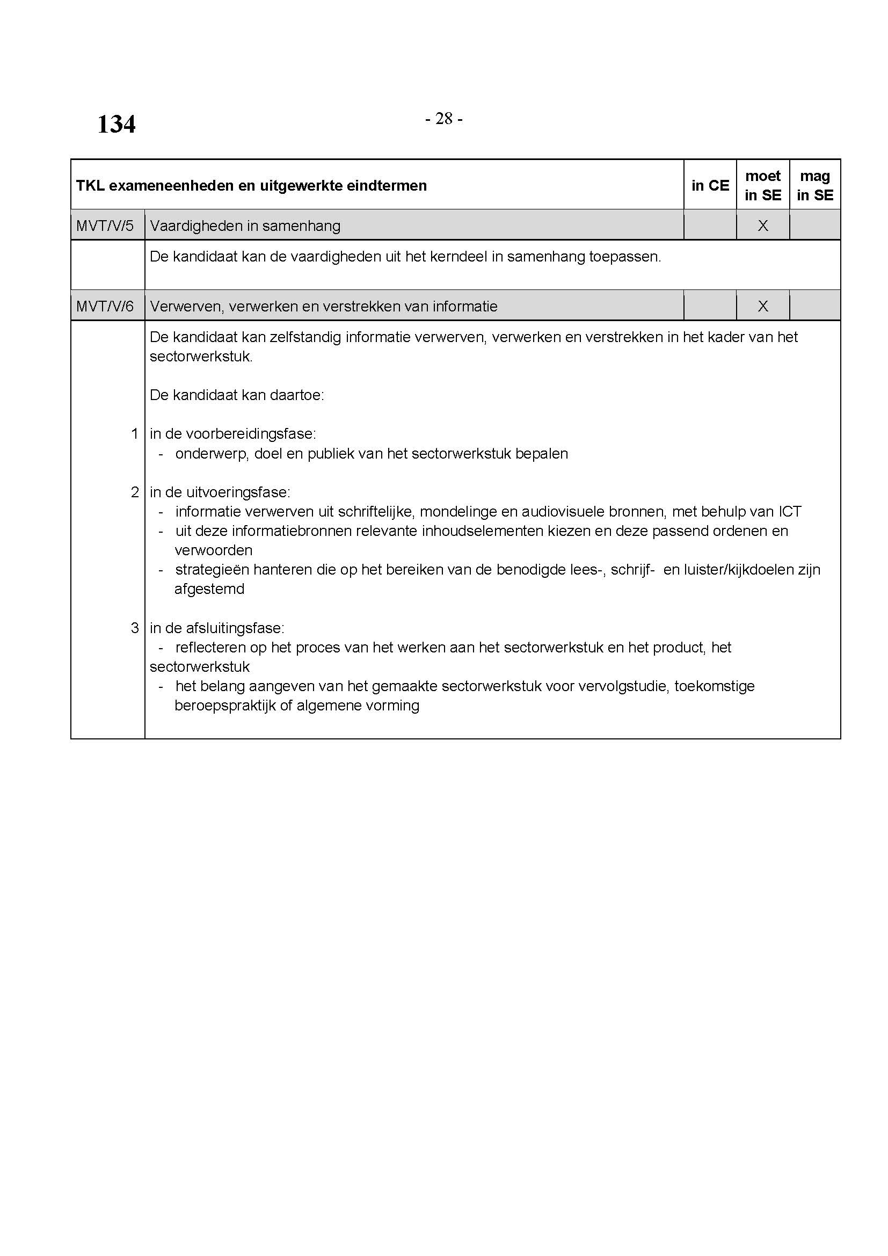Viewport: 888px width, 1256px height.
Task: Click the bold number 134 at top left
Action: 116,124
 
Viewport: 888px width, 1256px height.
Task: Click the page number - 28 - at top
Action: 443,118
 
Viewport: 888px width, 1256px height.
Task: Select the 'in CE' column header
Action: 710,185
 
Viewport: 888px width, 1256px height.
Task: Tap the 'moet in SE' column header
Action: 763,185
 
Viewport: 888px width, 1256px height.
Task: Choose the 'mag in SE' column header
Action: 815,185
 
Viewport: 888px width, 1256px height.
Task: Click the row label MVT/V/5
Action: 105,226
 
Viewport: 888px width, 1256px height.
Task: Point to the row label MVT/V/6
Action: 105,306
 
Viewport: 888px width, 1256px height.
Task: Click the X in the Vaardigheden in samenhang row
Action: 763,226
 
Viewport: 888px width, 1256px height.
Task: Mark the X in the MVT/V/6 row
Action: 763,306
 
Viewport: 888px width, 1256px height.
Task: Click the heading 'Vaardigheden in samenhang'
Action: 245,226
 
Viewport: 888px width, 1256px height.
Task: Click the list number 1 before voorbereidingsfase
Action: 135,434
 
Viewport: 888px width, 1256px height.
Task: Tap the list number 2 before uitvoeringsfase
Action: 135,492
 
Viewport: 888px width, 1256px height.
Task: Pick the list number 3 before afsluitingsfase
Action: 135,628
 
